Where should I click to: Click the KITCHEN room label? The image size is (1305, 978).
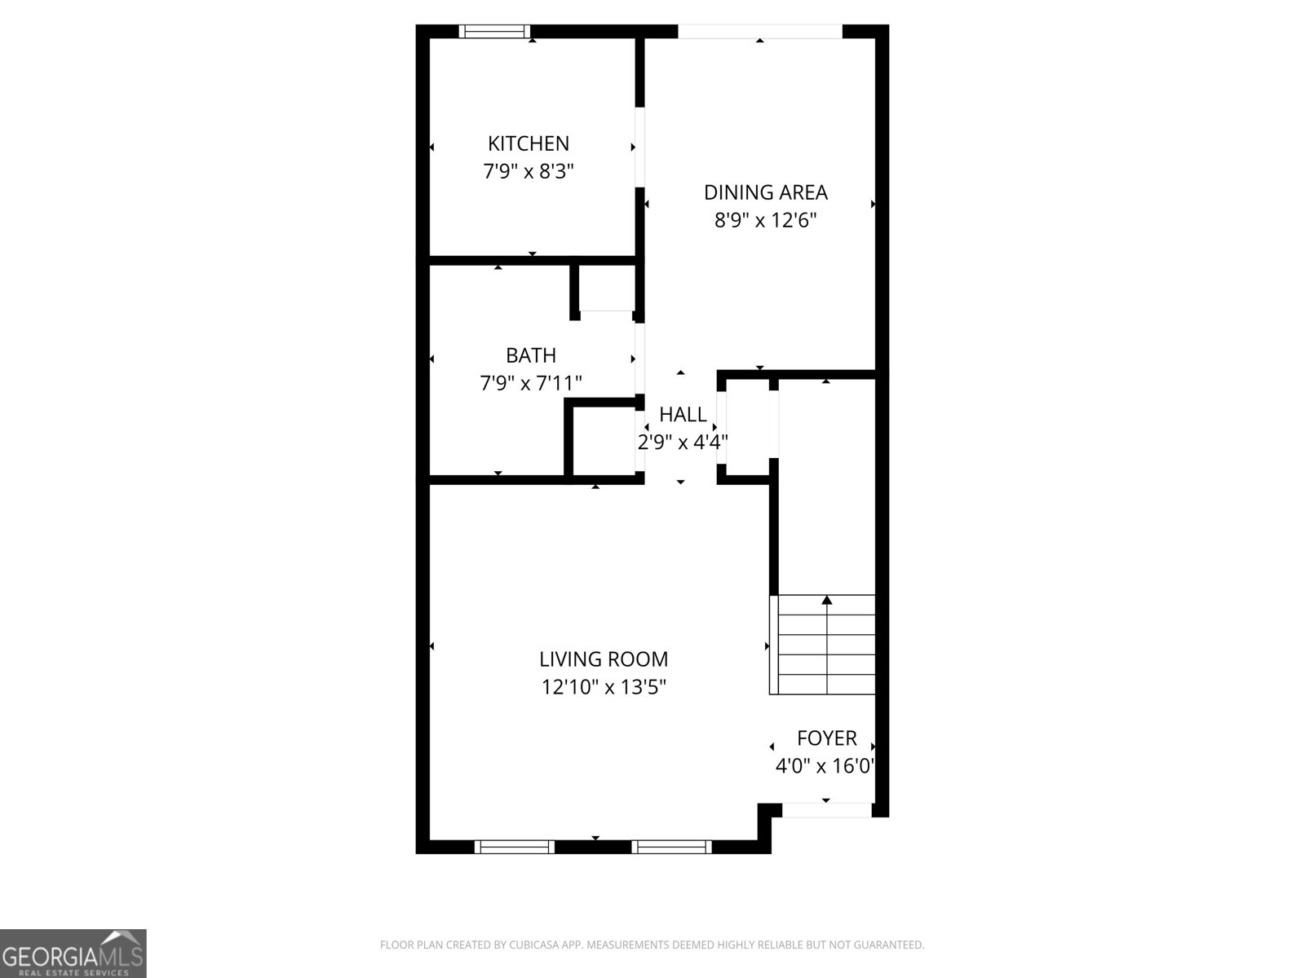click(x=529, y=143)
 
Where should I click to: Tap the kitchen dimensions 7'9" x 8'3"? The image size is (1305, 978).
click(x=529, y=172)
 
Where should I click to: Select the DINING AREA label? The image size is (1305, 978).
click(x=765, y=192)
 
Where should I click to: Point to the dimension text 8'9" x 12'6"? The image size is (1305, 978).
click(x=765, y=221)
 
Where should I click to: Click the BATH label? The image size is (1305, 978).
click(x=531, y=355)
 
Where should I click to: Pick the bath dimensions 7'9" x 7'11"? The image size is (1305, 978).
click(x=531, y=383)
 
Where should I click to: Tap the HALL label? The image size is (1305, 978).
click(x=683, y=415)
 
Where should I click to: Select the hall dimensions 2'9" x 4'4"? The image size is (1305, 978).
click(x=682, y=443)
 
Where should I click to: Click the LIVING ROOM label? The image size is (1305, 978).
click(x=604, y=659)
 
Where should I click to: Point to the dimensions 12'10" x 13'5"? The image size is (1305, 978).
click(x=604, y=688)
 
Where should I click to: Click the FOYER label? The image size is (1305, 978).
click(x=826, y=738)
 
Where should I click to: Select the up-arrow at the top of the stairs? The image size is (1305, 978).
click(x=827, y=601)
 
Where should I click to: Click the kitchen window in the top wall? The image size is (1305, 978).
click(x=493, y=32)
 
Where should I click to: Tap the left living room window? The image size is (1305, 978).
click(x=515, y=847)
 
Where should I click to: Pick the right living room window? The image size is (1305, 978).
click(x=672, y=847)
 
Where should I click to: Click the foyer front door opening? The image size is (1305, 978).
click(x=826, y=810)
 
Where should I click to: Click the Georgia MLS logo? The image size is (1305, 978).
click(x=73, y=954)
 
